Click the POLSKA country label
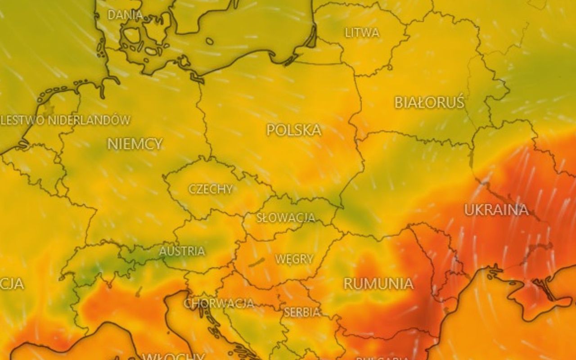pyautogui.click(x=294, y=130)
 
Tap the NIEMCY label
pyautogui.click(x=135, y=144)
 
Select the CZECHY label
pyautogui.click(x=211, y=189)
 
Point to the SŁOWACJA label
pyautogui.click(x=286, y=218)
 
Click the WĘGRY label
pyautogui.click(x=294, y=259)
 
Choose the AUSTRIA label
pyautogui.click(x=182, y=251)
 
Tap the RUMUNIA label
pyautogui.click(x=378, y=283)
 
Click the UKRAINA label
pyautogui.click(x=496, y=210)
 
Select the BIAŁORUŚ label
pyautogui.click(x=429, y=103)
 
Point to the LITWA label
pyautogui.click(x=362, y=33)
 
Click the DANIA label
pyautogui.click(x=125, y=15)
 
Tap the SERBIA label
pyautogui.click(x=302, y=312)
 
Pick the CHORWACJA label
pyautogui.click(x=219, y=303)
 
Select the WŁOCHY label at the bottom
pyautogui.click(x=173, y=356)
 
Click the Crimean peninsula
pyautogui.click(x=531, y=297)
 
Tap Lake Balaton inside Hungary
pyautogui.click(x=257, y=262)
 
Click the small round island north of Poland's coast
pyautogui.click(x=210, y=41)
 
